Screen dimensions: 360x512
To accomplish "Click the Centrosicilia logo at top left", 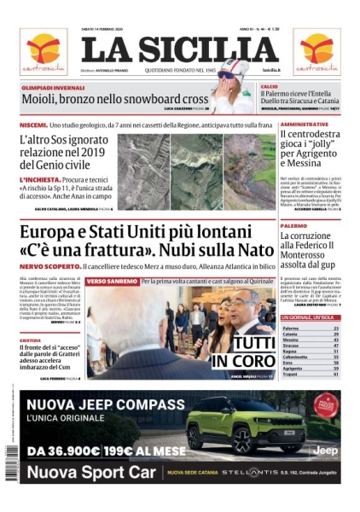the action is coord(43,51).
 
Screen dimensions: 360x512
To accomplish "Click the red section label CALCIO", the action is coord(270,87).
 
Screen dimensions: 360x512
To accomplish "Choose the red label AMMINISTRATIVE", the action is coord(305,125).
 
